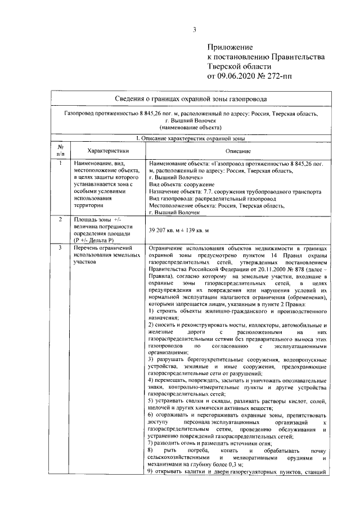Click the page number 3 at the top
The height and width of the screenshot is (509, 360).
coord(194,30)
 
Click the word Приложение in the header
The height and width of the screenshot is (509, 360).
coord(230,48)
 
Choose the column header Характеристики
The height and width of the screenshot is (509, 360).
coord(105,151)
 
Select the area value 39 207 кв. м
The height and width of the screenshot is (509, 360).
coord(169,231)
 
